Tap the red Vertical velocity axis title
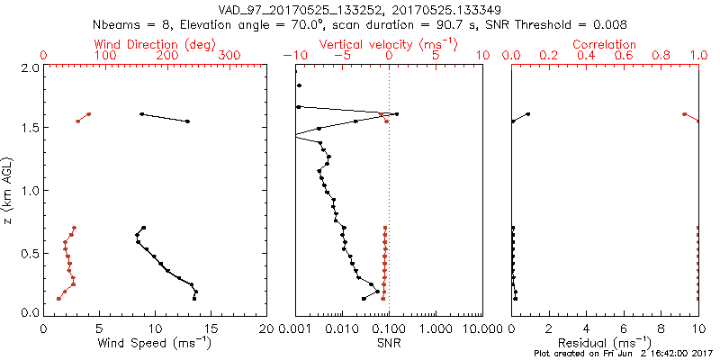[388, 44]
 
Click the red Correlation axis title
[606, 44]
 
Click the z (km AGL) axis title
[8, 190]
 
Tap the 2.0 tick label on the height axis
[29, 67]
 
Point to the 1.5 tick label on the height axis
[29, 129]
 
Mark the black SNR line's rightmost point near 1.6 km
[397, 114]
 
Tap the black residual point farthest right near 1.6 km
[528, 114]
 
